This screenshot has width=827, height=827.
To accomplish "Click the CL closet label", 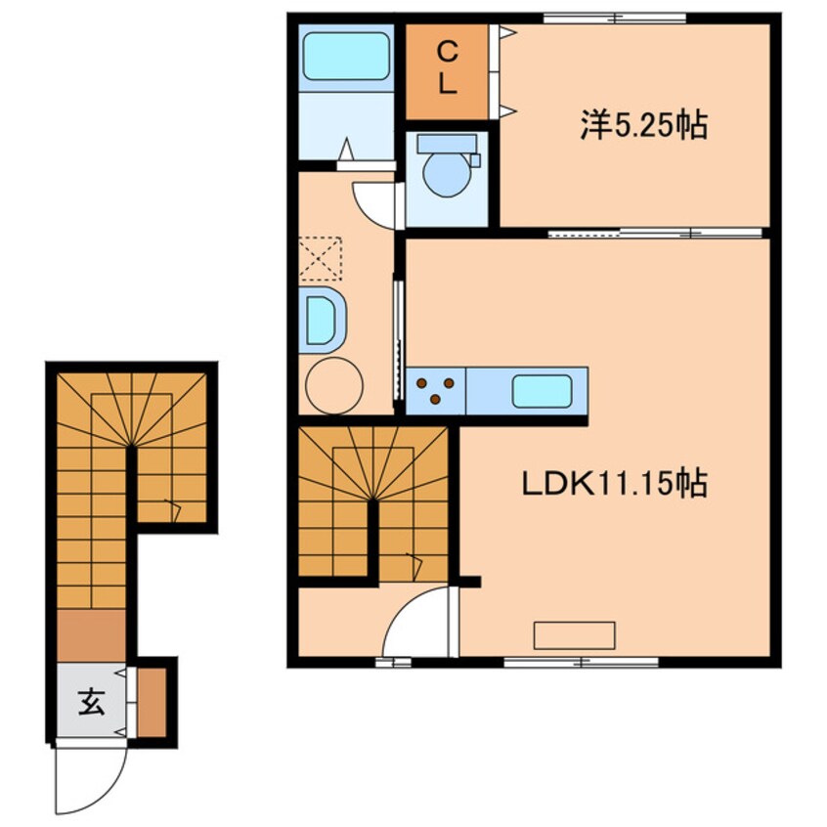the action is (448, 68).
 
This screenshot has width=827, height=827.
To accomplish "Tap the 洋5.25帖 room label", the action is (644, 125).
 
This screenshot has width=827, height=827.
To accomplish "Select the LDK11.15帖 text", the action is (615, 483).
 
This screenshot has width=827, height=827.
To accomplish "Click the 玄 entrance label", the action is (91, 702).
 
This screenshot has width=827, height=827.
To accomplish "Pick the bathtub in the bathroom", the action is (346, 57).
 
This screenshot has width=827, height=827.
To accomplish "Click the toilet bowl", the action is (448, 175).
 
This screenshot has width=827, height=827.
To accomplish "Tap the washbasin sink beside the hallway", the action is (322, 321).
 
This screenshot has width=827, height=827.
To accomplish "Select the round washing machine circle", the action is (334, 385).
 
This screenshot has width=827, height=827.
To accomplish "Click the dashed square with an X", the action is (321, 258).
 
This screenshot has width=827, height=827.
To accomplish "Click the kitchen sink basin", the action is (543, 391).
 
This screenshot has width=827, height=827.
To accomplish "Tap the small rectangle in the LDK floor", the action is (575, 635).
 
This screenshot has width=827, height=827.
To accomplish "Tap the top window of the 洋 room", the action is (615, 19).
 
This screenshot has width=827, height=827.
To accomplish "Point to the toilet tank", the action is (447, 144).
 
